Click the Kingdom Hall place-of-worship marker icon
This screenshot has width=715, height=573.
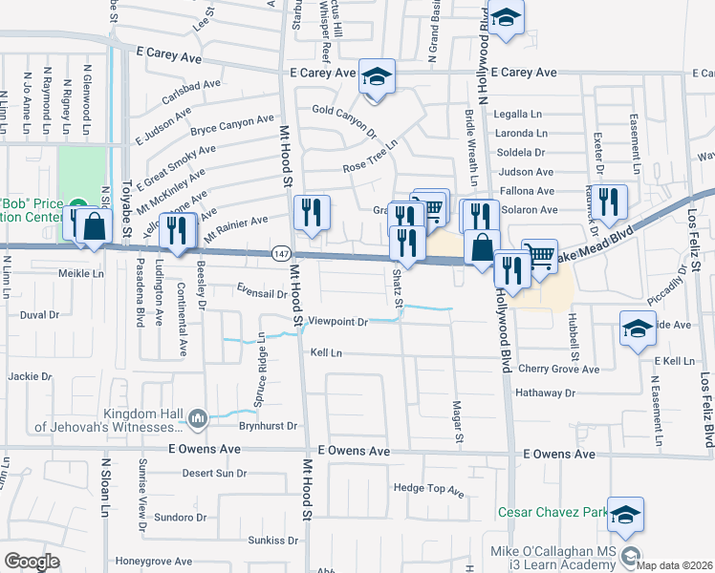[198, 417]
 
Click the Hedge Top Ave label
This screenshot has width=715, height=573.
[428, 490]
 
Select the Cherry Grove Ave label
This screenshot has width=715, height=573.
[558, 370]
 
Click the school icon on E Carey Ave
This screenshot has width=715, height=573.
[377, 74]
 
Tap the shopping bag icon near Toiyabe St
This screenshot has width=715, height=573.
[94, 227]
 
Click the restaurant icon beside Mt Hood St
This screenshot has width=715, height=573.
[310, 213]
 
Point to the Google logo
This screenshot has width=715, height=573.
[32, 562]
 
